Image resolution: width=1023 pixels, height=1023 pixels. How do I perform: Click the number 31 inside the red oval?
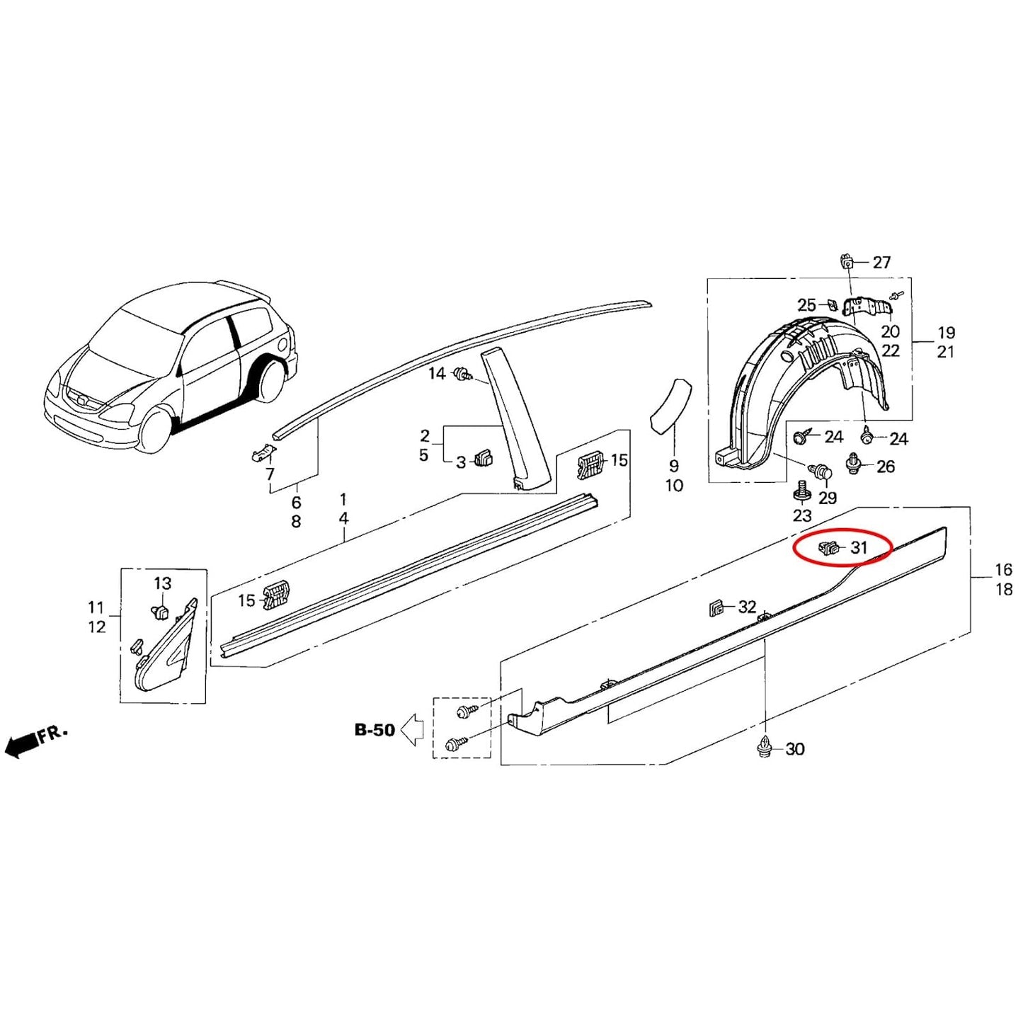pos(859,547)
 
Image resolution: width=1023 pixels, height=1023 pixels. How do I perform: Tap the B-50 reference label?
pos(375,730)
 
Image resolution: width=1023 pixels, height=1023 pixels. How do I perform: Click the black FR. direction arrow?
pos(21,744)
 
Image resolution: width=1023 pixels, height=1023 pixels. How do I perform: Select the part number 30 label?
pos(795,749)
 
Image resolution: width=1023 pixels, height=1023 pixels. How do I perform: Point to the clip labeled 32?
pos(716,607)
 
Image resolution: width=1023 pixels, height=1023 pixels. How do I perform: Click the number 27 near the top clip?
pos(881,263)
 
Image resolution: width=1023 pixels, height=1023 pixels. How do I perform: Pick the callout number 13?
pos(163,583)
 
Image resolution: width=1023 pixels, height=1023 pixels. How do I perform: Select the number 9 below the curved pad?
pos(673,467)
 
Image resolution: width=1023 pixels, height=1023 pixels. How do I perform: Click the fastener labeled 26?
pos(854,464)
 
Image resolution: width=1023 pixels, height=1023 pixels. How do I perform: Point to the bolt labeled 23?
pos(802,489)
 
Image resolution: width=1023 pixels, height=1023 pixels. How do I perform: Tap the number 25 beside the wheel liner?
pos(806,305)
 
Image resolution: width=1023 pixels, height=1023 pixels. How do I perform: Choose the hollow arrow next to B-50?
pos(413,730)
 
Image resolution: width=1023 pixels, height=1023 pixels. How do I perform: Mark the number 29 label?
pos(828,498)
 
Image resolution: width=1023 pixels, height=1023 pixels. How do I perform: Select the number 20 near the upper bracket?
pos(890,331)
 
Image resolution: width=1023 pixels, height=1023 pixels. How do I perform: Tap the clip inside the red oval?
pos(828,547)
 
